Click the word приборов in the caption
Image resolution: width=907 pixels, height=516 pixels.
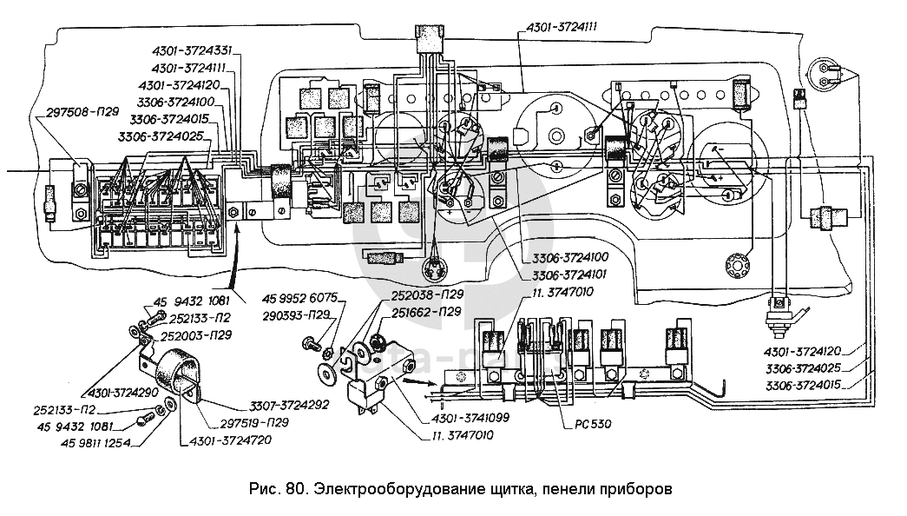pos(640,486)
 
